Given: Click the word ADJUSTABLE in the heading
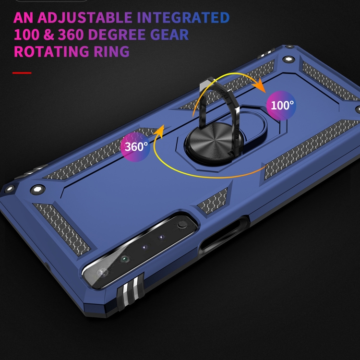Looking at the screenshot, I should tap(85, 18).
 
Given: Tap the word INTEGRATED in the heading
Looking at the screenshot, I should tap(183, 18).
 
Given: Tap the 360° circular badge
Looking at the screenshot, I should tap(136, 146).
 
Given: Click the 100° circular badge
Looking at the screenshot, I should tap(281, 105).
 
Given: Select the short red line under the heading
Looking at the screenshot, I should tap(22, 73).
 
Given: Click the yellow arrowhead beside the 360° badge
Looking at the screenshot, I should tap(160, 131).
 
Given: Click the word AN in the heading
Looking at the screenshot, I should tap(24, 18).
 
